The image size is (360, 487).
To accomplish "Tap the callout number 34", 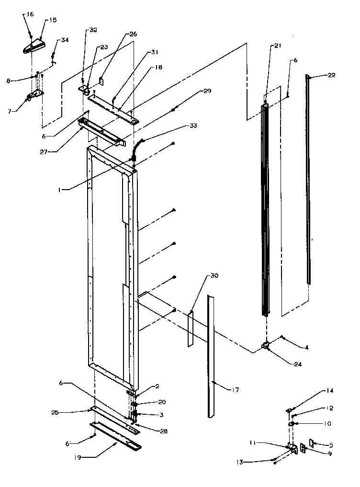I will click(64, 40).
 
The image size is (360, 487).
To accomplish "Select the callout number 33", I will click(192, 126).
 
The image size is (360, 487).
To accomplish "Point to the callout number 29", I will click(193, 91).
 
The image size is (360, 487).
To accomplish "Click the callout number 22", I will click(331, 75).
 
